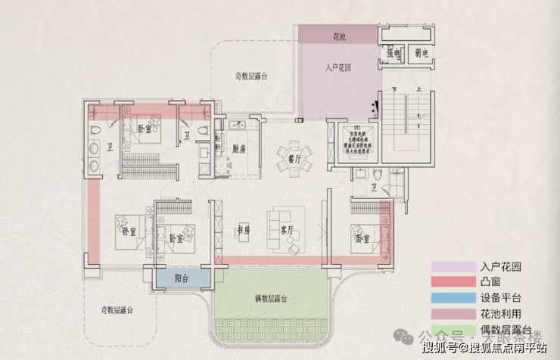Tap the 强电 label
coord(393,54)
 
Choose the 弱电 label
coord(421,54)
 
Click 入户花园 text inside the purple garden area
coord(340,68)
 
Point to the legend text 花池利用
coord(501,314)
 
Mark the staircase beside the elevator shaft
coord(405,121)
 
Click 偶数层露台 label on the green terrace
coord(270,299)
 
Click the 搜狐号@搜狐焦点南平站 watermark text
coord(484,348)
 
